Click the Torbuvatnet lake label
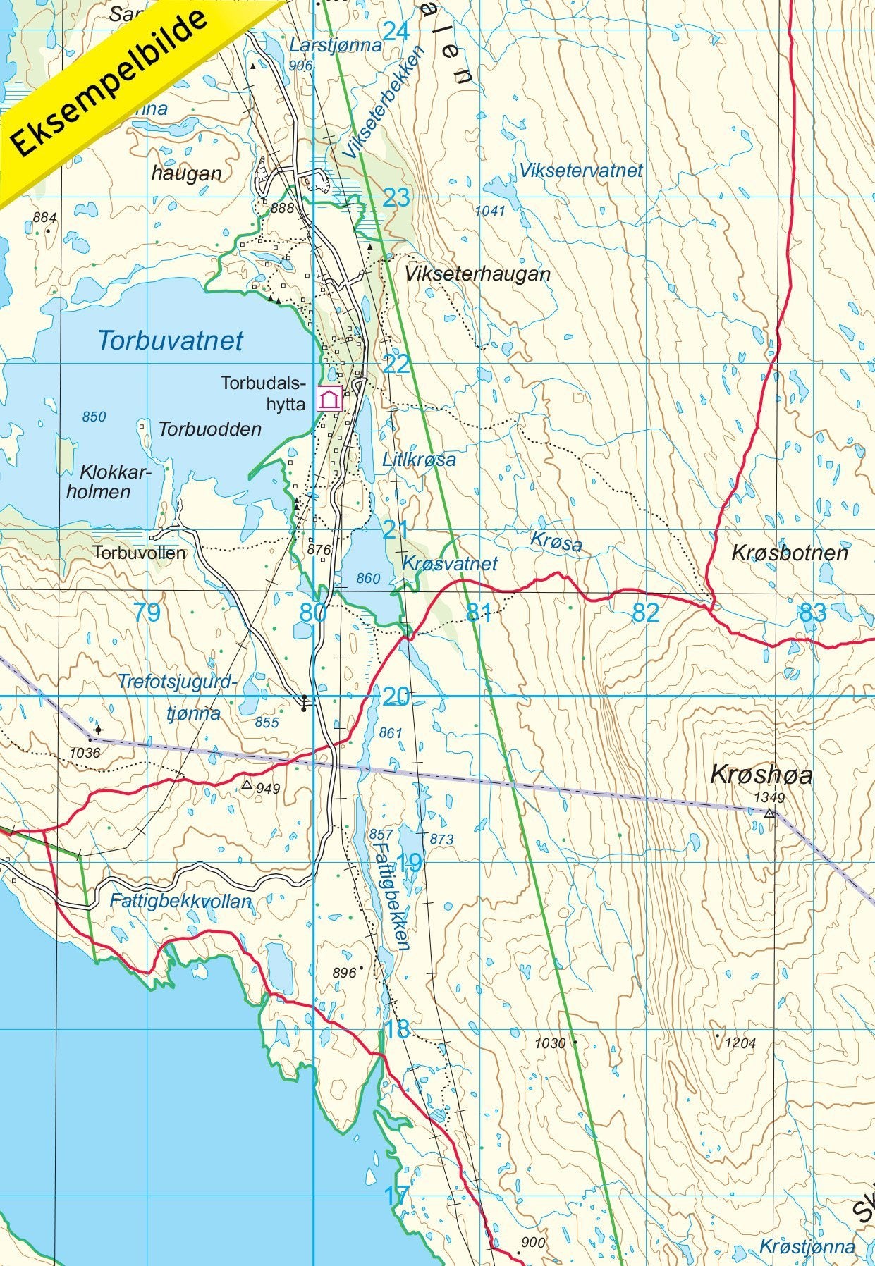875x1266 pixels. pyautogui.click(x=170, y=340)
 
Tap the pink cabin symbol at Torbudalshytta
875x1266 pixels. pyautogui.click(x=329, y=400)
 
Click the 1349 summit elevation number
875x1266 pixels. pyautogui.click(x=769, y=798)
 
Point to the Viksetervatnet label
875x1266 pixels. pyautogui.click(x=581, y=170)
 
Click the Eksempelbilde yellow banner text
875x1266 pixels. pyautogui.click(x=111, y=83)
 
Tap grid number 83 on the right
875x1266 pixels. pyautogui.click(x=812, y=613)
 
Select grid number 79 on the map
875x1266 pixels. pyautogui.click(x=147, y=613)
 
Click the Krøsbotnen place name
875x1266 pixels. pyautogui.click(x=789, y=553)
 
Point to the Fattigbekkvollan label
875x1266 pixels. pyautogui.click(x=180, y=901)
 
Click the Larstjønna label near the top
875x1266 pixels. pyautogui.click(x=336, y=46)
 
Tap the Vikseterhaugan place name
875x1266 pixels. pyautogui.click(x=477, y=274)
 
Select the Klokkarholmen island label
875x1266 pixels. pyautogui.click(x=106, y=481)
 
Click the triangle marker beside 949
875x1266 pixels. pyautogui.click(x=247, y=784)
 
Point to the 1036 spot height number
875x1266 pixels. pyautogui.click(x=85, y=753)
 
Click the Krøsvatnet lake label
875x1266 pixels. pyautogui.click(x=450, y=563)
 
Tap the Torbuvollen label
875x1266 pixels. pyautogui.click(x=140, y=553)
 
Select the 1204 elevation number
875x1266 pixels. pyautogui.click(x=740, y=1043)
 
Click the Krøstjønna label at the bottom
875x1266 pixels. pyautogui.click(x=807, y=1246)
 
